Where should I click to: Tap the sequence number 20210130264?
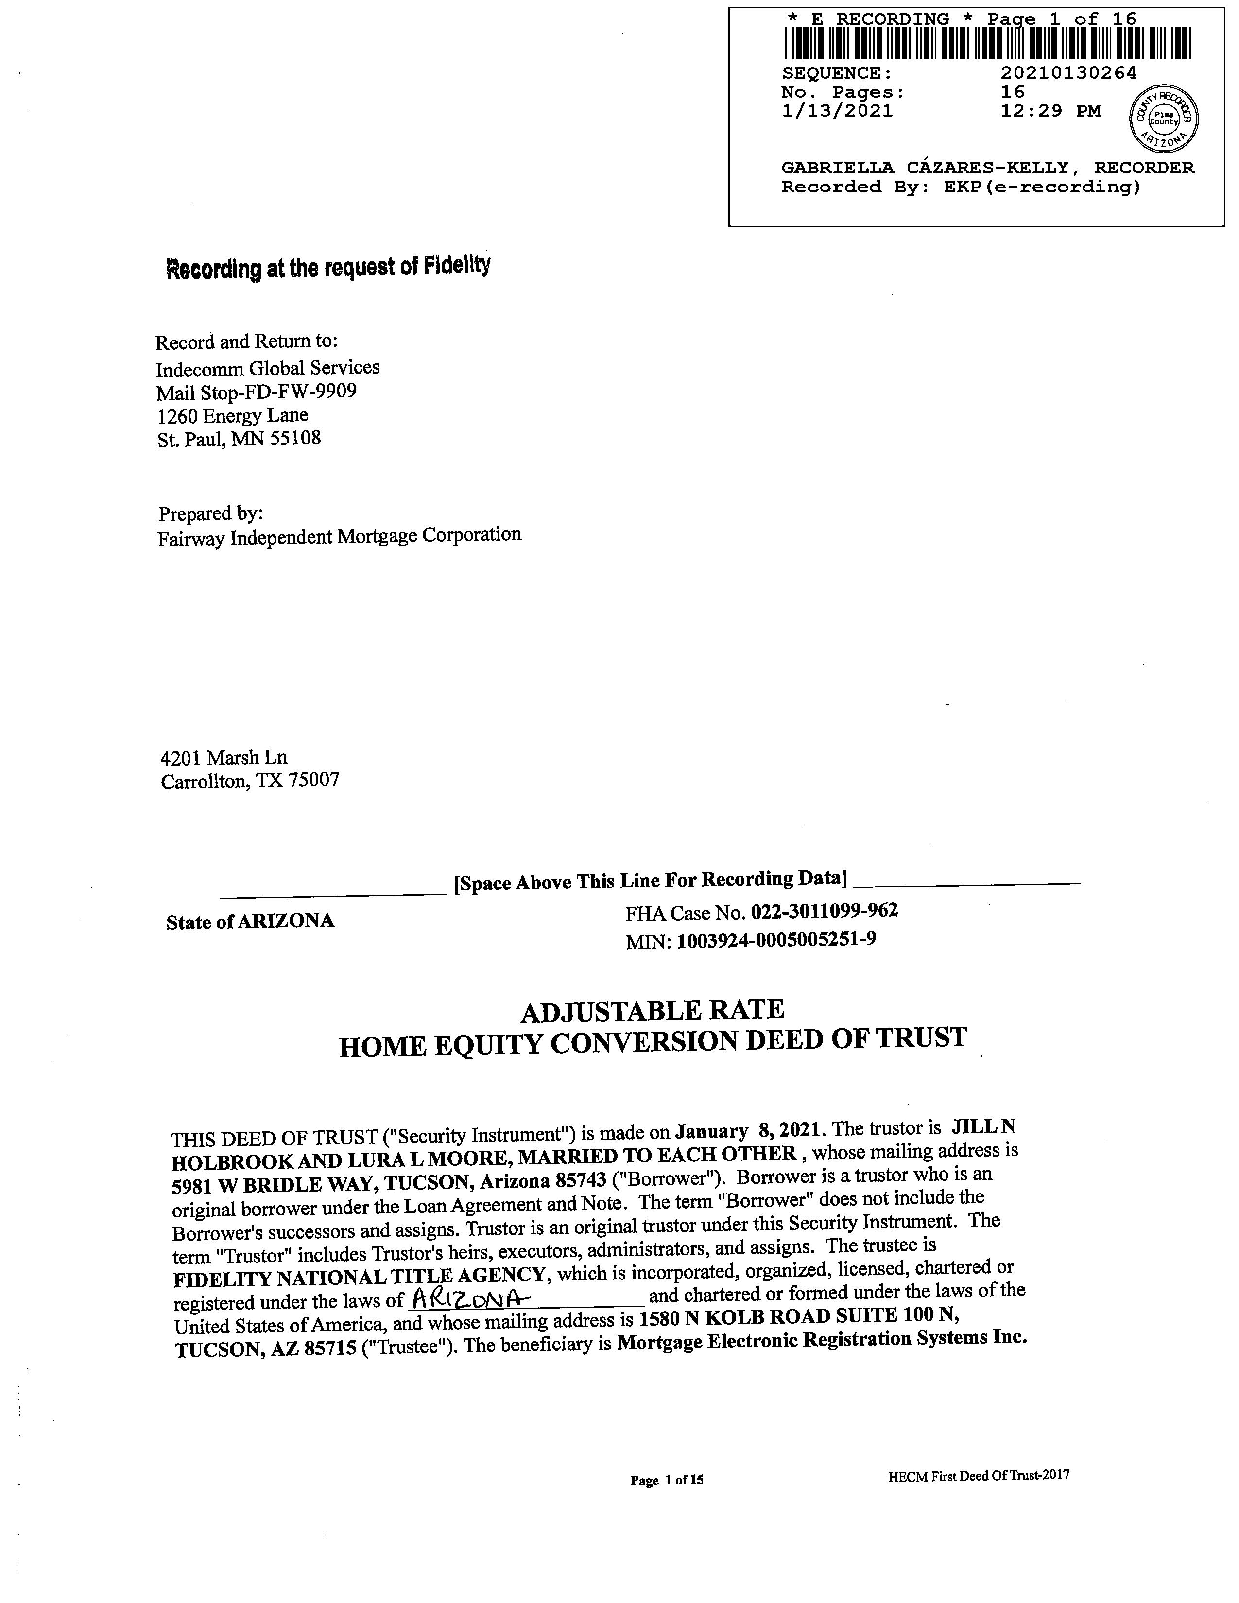tap(1068, 73)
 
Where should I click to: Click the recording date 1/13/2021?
tap(837, 111)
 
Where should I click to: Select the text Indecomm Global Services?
tap(267, 368)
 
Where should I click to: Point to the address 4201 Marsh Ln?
tap(224, 757)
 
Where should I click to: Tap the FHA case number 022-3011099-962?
tap(824, 911)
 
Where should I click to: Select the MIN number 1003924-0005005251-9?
tap(776, 939)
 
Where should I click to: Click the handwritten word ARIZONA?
tap(470, 1299)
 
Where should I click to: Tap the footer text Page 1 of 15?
tap(667, 1480)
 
